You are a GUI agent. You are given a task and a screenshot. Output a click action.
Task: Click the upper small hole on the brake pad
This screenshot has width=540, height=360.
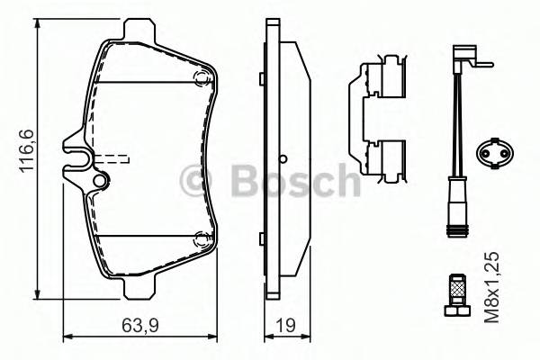click(199, 76)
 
